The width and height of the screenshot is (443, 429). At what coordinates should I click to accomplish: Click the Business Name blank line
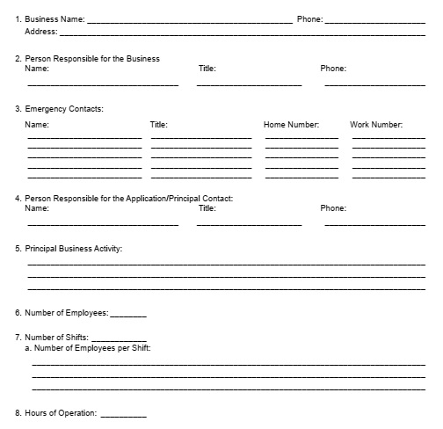(x=190, y=21)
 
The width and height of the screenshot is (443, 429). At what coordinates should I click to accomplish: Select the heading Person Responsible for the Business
(x=92, y=59)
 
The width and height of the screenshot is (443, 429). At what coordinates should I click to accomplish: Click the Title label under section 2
(x=207, y=69)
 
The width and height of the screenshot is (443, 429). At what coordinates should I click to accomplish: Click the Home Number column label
(x=291, y=125)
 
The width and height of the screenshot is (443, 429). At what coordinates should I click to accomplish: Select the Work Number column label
(x=376, y=125)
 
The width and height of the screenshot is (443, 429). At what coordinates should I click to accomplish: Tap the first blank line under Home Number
(x=301, y=138)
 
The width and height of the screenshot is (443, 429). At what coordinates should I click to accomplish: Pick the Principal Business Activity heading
(x=74, y=249)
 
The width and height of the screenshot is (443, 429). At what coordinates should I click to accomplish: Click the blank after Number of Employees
(x=128, y=315)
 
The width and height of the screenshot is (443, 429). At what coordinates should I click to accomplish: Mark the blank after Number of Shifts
(x=119, y=339)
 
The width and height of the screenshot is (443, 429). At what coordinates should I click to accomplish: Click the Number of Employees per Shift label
(x=92, y=349)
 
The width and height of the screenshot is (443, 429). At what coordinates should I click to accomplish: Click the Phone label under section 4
(x=333, y=209)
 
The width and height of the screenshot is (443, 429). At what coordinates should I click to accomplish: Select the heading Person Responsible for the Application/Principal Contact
(x=129, y=199)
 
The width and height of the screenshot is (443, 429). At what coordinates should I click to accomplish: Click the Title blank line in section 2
(x=249, y=84)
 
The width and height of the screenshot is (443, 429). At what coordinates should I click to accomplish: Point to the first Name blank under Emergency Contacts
(x=84, y=138)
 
